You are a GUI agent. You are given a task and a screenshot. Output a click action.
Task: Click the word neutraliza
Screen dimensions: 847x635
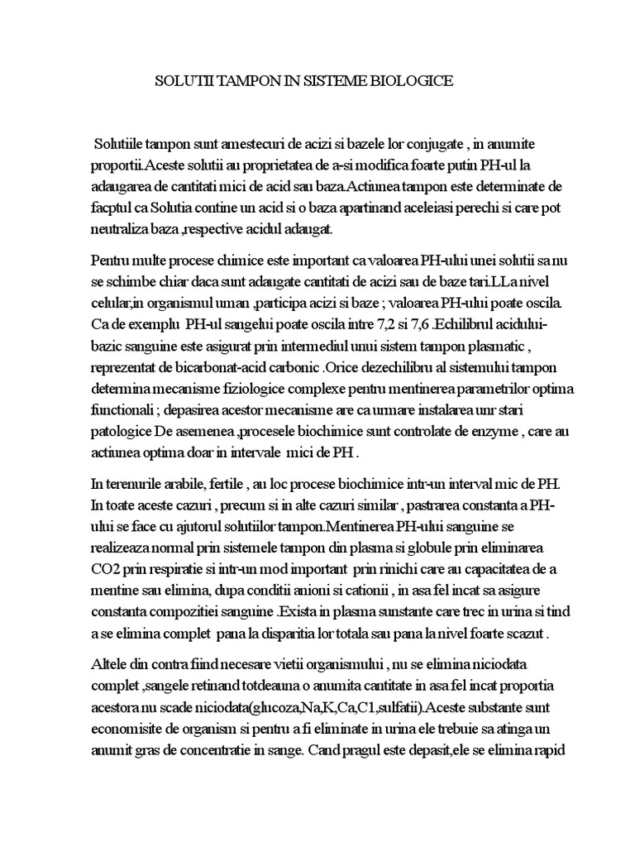click(x=122, y=203)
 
